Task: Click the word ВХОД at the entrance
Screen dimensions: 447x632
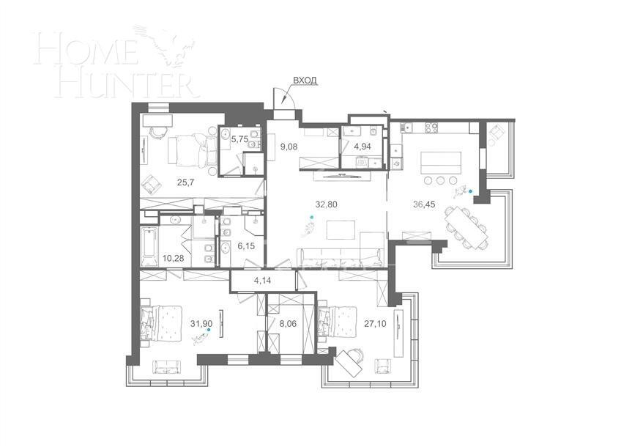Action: (x=305, y=80)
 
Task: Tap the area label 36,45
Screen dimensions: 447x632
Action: (x=425, y=204)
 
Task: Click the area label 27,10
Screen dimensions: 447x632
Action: (x=375, y=319)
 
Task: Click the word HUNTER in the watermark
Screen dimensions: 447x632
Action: (x=117, y=83)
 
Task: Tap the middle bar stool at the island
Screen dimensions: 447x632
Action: (x=439, y=180)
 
